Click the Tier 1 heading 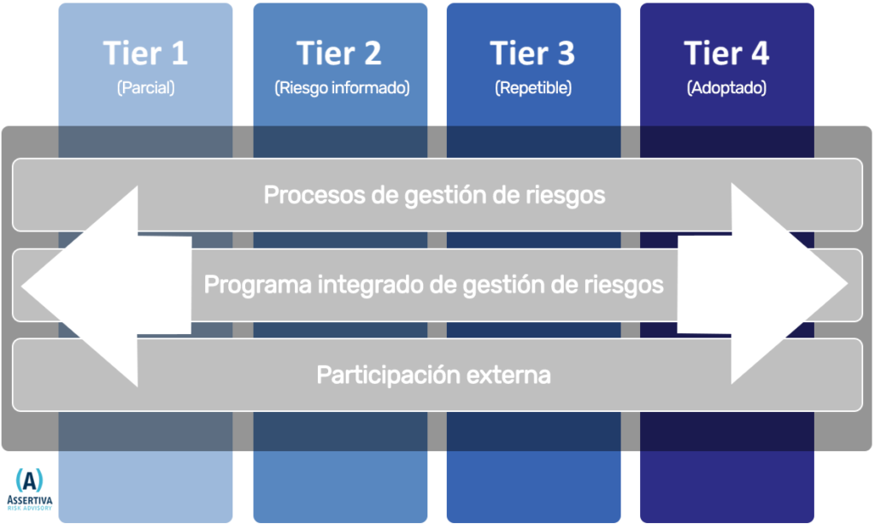(x=145, y=53)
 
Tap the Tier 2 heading (x=339, y=53)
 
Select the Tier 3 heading (x=532, y=53)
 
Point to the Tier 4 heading (x=726, y=53)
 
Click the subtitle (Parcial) (x=145, y=88)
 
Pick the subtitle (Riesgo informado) (x=342, y=88)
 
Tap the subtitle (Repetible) (x=533, y=88)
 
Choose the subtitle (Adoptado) (x=726, y=88)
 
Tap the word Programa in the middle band (x=257, y=285)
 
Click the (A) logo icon (x=30, y=480)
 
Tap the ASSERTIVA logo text (x=30, y=500)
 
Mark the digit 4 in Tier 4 (x=760, y=54)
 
